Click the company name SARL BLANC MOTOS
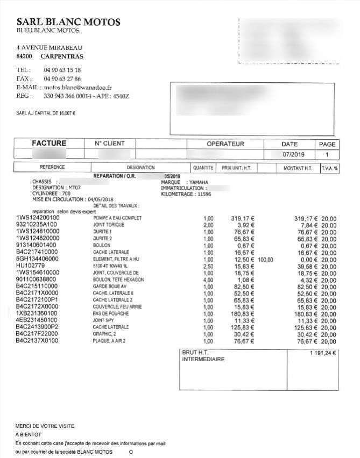(68, 22)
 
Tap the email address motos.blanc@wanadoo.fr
(77, 87)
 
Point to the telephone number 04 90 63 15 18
(62, 70)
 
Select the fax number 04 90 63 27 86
(62, 78)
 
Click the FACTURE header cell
(49, 144)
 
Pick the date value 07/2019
(293, 154)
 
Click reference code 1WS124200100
(38, 218)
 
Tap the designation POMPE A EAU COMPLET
(117, 218)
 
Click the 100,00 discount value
(265, 259)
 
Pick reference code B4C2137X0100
(37, 341)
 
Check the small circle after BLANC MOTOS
(130, 452)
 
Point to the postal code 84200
(24, 56)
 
